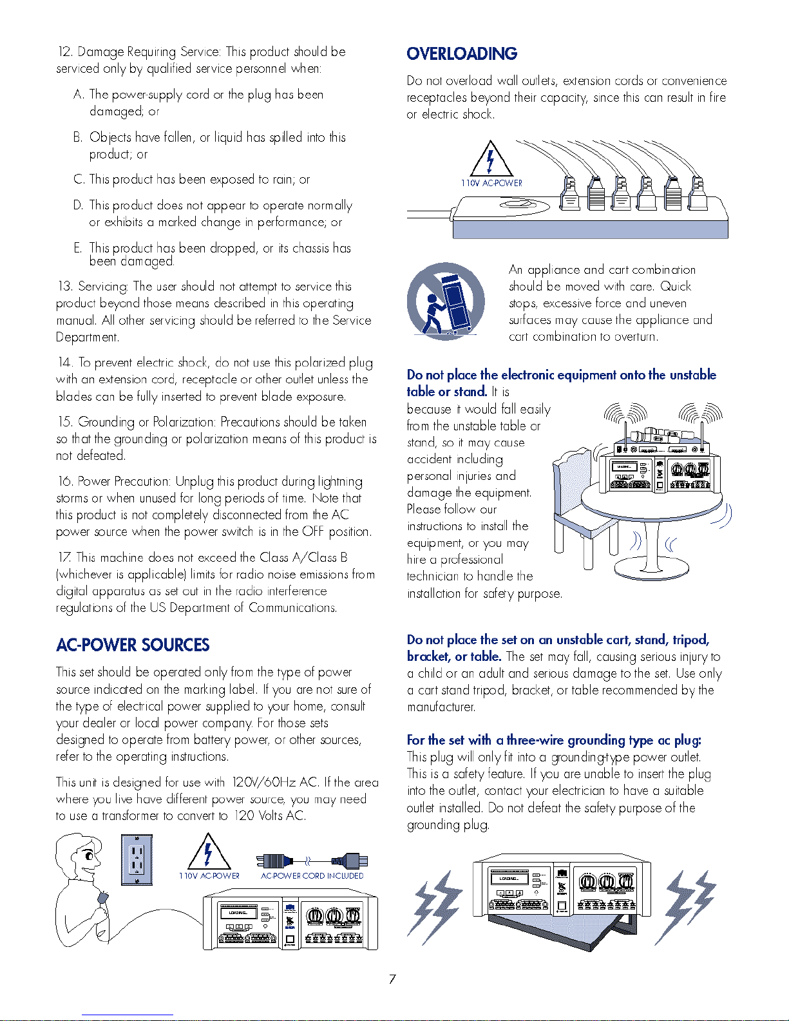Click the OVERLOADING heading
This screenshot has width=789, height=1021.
point(462,53)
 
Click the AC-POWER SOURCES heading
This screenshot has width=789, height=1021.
point(133,645)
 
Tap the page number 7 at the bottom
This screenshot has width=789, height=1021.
point(392,979)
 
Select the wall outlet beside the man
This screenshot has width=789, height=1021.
point(137,859)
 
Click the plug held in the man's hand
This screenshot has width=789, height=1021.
point(103,897)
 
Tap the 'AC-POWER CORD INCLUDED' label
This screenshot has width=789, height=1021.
point(312,876)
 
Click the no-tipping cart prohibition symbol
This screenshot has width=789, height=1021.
point(446,301)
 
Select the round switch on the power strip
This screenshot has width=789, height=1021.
point(524,205)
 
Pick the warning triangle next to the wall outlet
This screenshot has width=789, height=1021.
point(209,852)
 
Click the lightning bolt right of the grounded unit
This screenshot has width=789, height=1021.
point(686,909)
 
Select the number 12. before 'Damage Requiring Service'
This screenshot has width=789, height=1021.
point(65,52)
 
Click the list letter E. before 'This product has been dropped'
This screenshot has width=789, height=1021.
point(78,247)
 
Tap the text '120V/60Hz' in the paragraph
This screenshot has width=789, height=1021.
point(263,782)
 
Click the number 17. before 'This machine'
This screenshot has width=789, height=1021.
point(65,557)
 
